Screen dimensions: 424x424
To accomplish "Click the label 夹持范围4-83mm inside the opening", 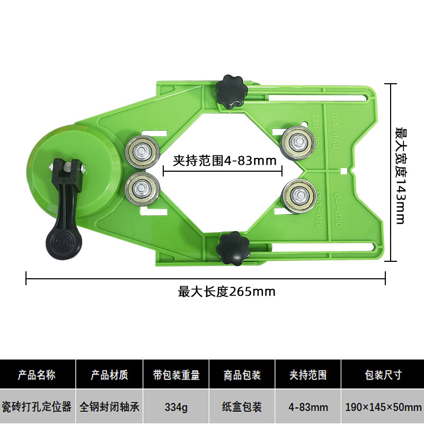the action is (x=223, y=160).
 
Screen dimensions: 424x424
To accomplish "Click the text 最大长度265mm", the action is (x=227, y=291).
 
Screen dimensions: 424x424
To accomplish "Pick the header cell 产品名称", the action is (x=37, y=376).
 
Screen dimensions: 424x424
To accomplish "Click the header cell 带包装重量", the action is (x=176, y=376).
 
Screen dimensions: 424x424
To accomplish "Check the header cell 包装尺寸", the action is (x=383, y=376).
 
